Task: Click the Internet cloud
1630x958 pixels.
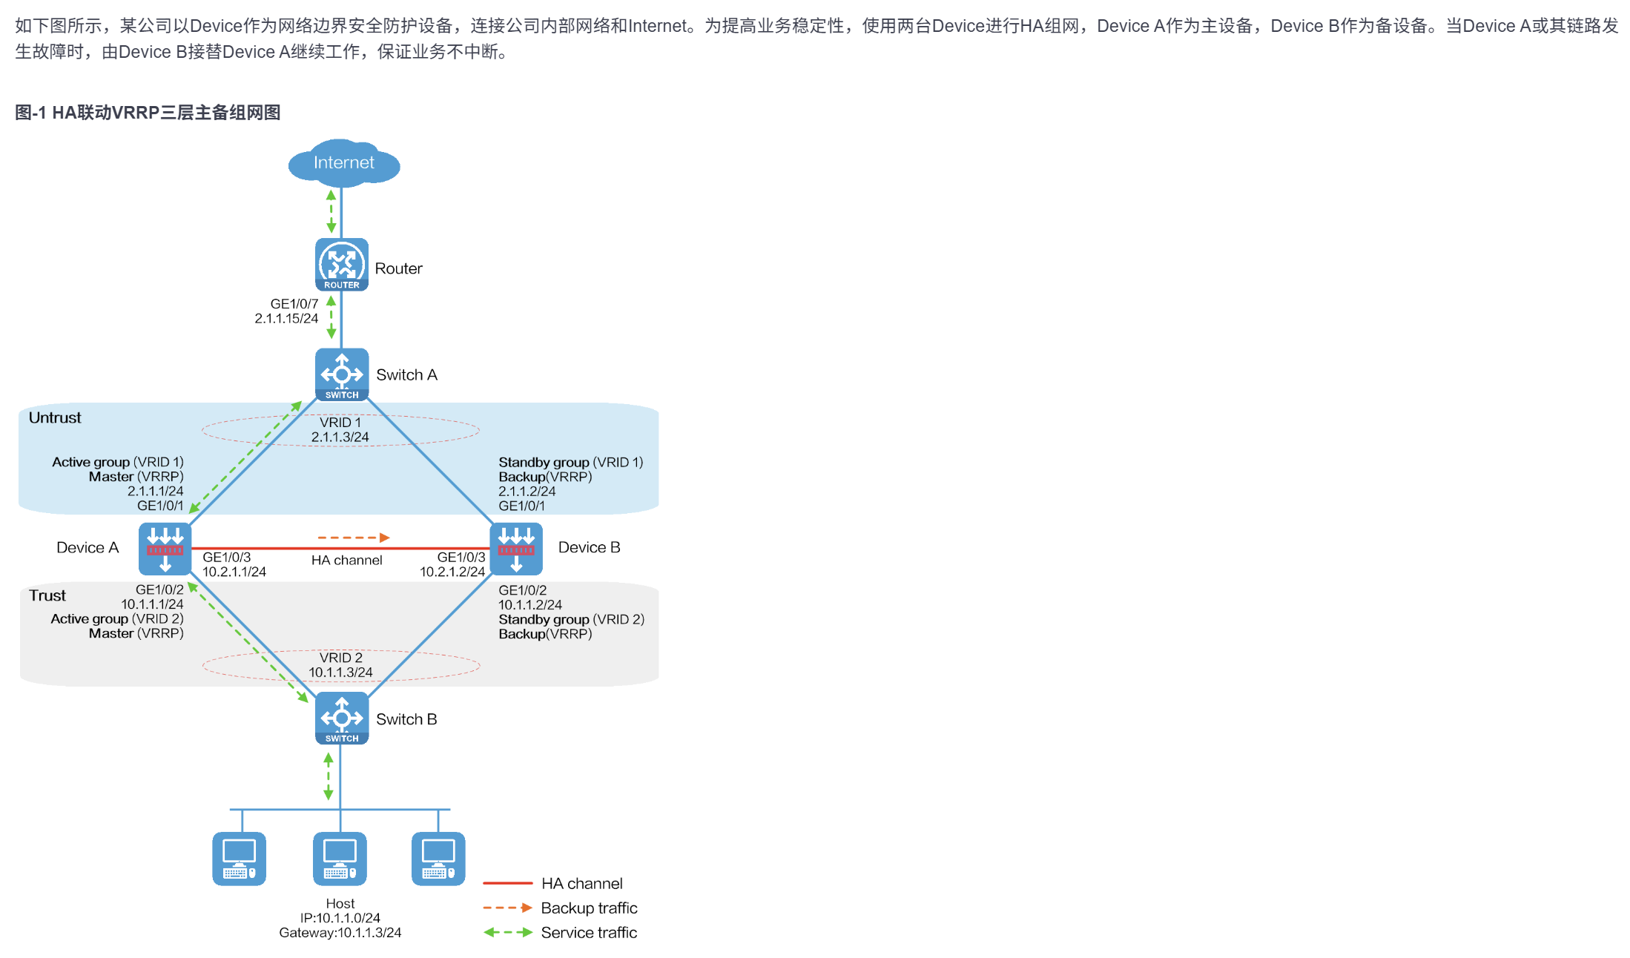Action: (x=343, y=163)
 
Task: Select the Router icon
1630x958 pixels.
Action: (x=342, y=264)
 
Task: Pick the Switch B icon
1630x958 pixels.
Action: (x=342, y=718)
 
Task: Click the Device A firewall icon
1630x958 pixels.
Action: (x=165, y=549)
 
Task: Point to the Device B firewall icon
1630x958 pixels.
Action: (x=516, y=549)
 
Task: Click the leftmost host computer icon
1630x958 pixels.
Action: (x=239, y=859)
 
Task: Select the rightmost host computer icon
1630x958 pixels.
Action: (x=438, y=859)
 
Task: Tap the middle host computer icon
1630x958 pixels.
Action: (x=340, y=859)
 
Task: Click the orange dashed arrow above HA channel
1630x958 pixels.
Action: (x=354, y=538)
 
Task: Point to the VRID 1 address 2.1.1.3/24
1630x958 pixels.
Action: (x=340, y=437)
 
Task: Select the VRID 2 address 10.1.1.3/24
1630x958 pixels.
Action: (x=340, y=673)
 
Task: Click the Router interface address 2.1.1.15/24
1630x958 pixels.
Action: (x=286, y=319)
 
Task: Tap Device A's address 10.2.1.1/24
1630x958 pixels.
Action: (x=234, y=572)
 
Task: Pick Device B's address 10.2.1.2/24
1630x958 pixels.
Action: (x=452, y=572)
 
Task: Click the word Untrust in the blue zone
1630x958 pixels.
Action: (x=55, y=417)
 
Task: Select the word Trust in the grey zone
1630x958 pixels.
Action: (x=47, y=595)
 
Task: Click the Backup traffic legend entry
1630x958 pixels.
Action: (x=589, y=908)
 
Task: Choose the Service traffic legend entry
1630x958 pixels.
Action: (x=589, y=932)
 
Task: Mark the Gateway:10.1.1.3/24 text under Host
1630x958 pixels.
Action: (x=340, y=933)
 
